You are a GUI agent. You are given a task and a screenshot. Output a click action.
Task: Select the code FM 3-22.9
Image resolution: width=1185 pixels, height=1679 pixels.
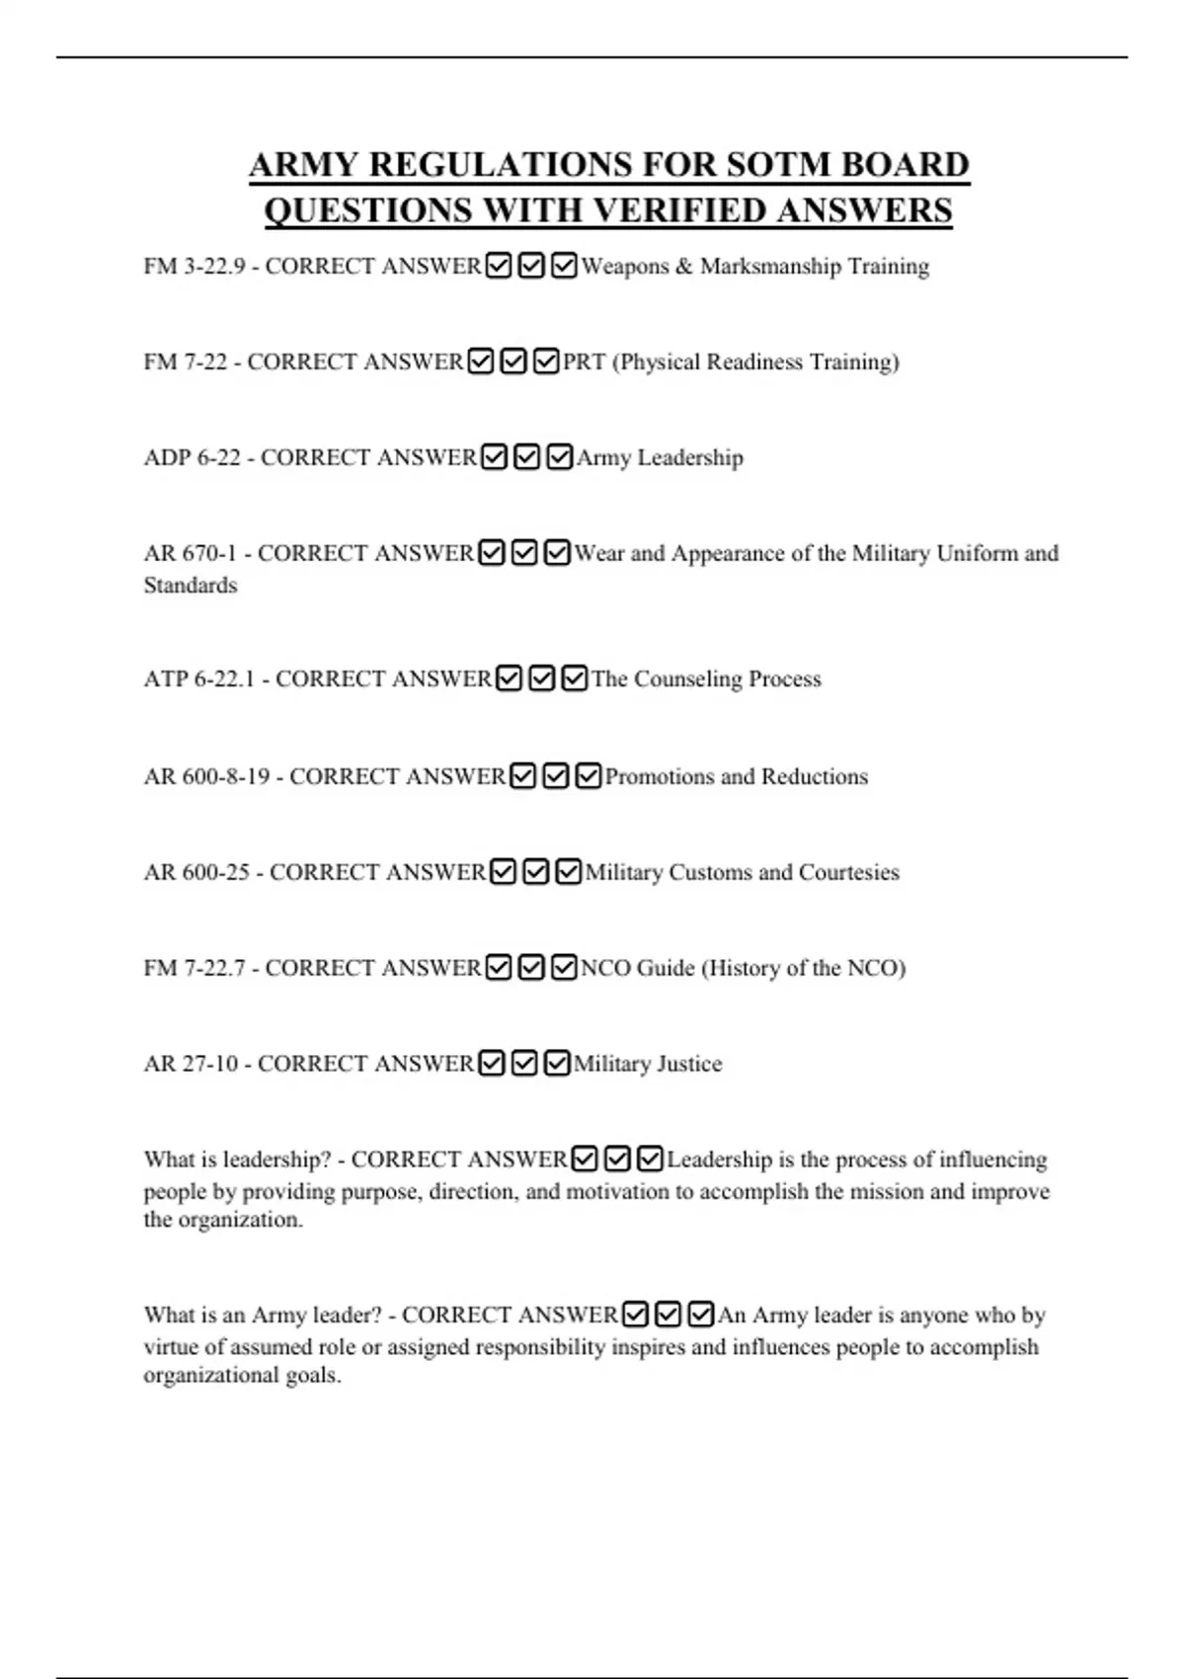(x=194, y=267)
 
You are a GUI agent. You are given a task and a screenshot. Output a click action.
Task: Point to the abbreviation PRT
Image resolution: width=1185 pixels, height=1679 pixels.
(x=584, y=362)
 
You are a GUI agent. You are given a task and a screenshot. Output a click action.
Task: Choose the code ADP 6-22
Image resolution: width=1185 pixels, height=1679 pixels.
(x=192, y=458)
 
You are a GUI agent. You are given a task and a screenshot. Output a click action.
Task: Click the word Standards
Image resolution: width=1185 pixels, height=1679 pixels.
(x=191, y=586)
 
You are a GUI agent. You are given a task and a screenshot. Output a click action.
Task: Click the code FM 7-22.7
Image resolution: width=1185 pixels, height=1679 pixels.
(x=194, y=969)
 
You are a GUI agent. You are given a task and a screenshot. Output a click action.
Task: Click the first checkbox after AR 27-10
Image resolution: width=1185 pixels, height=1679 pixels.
(x=491, y=1064)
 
